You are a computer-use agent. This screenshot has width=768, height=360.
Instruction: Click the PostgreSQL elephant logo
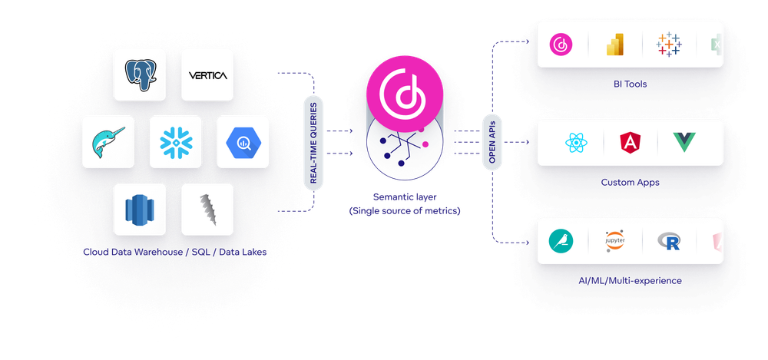pyautogui.click(x=140, y=75)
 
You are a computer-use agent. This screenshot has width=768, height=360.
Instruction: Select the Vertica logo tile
pyautogui.click(x=207, y=75)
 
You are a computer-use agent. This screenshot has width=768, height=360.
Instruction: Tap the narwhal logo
pyautogui.click(x=108, y=142)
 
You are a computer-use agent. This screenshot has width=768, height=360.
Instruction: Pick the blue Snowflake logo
pyautogui.click(x=176, y=142)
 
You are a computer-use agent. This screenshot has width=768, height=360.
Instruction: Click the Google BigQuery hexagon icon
pyautogui.click(x=243, y=142)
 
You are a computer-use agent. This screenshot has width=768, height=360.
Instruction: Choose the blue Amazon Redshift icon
pyautogui.click(x=140, y=210)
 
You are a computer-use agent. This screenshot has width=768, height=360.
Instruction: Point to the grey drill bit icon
pyautogui.click(x=207, y=210)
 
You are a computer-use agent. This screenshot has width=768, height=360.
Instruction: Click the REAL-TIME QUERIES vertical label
pyautogui.click(x=313, y=143)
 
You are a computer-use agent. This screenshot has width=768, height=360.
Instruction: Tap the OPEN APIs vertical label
pyautogui.click(x=492, y=142)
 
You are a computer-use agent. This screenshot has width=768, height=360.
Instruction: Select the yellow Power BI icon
pyautogui.click(x=615, y=45)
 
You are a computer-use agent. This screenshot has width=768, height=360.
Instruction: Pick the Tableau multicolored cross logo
pyautogui.click(x=669, y=45)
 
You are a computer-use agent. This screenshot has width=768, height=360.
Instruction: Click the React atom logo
pyautogui.click(x=576, y=143)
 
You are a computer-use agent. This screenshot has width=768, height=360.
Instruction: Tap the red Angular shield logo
pyautogui.click(x=631, y=143)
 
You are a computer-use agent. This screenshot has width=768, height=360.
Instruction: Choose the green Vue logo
pyautogui.click(x=684, y=143)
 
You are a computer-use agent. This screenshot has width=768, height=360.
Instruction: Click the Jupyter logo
pyautogui.click(x=614, y=242)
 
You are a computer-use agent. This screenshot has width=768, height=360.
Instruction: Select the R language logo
pyautogui.click(x=669, y=242)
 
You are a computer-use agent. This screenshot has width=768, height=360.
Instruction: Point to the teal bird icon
pyautogui.click(x=561, y=242)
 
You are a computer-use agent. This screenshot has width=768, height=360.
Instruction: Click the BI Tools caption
pyautogui.click(x=630, y=84)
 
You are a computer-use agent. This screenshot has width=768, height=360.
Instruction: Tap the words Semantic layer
pyautogui.click(x=405, y=197)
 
